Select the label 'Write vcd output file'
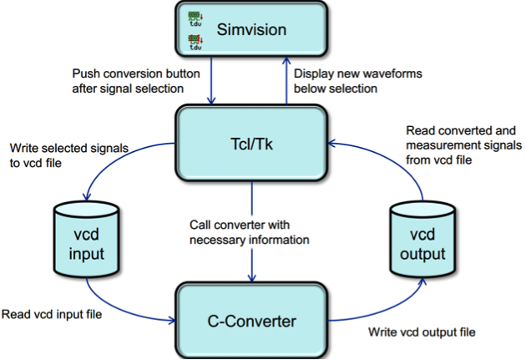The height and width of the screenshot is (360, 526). (x=422, y=332)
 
